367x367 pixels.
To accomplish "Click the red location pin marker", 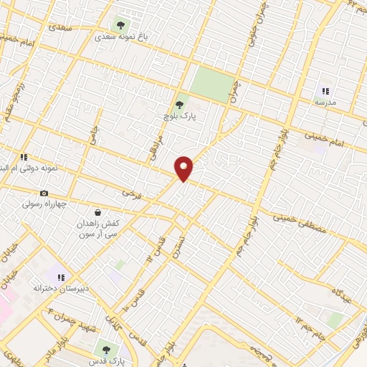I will coord(184,168).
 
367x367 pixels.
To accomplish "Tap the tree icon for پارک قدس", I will coord(106,349).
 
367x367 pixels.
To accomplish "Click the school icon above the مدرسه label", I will coord(325,91).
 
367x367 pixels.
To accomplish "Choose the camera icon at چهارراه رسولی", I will coord(44,193).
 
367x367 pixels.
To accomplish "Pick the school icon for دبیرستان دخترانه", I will coord(61,277).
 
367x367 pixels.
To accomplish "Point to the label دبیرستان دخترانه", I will coord(61,288).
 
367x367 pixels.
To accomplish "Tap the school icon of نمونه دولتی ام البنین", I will coord(23,156).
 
